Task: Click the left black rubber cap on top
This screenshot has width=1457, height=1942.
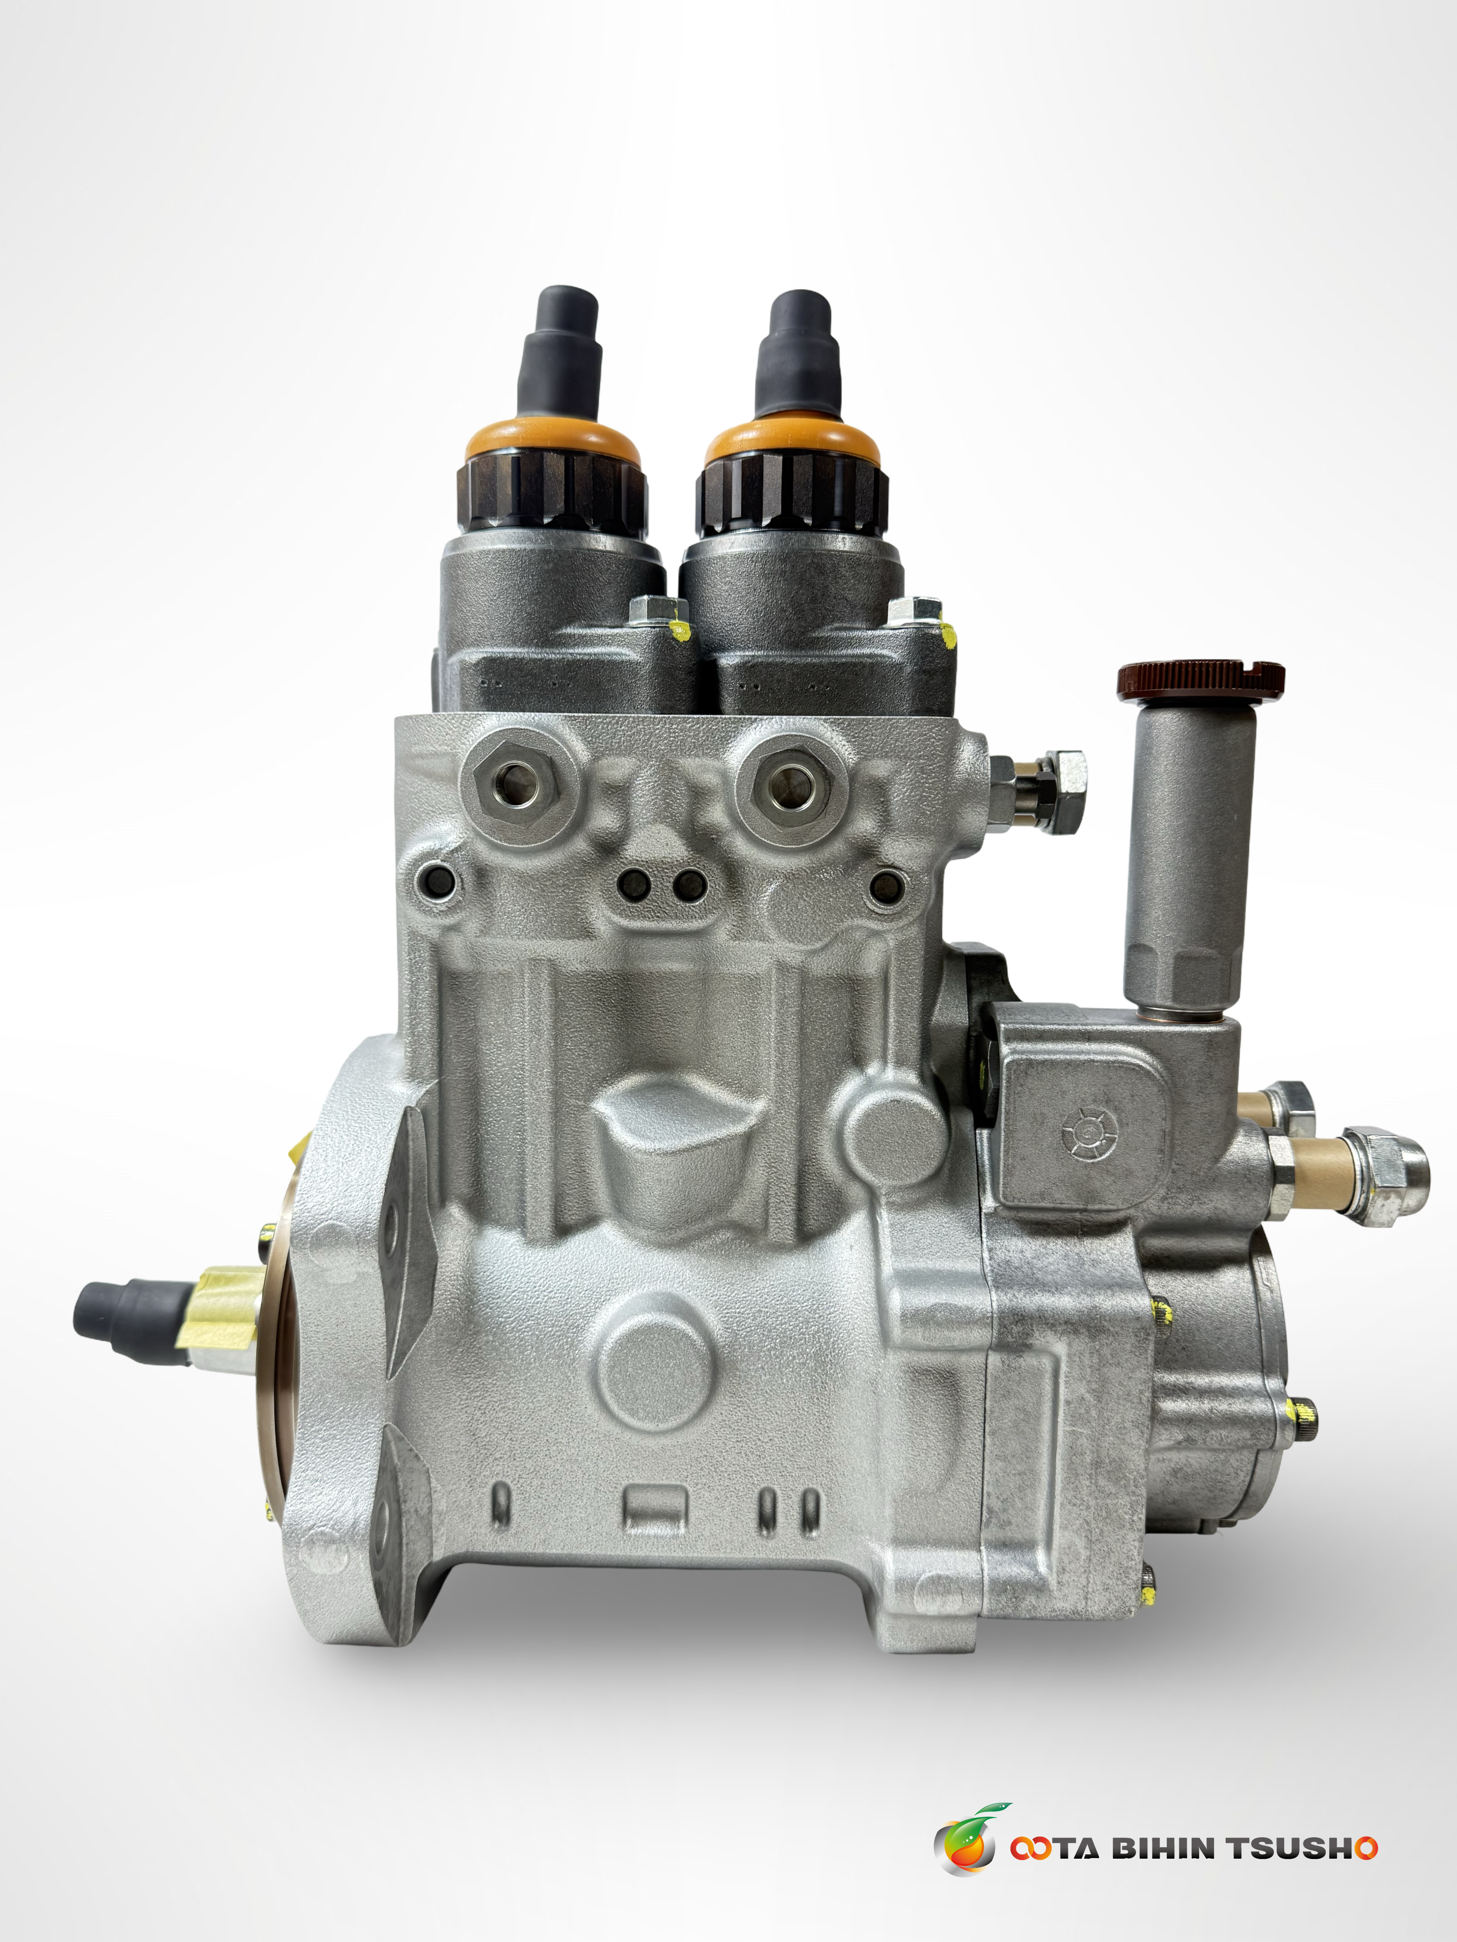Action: [x=560, y=356]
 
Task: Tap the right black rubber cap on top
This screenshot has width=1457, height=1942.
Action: [x=798, y=358]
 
